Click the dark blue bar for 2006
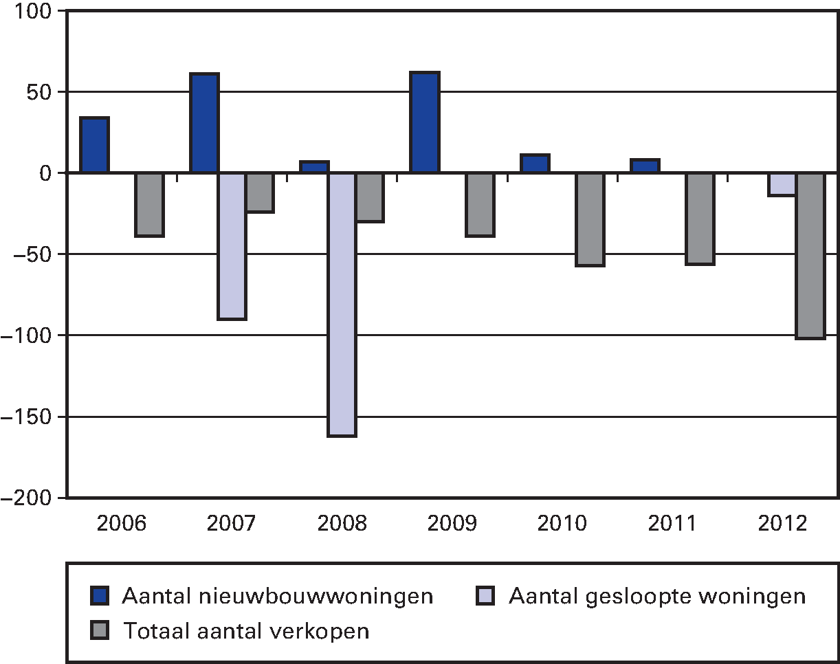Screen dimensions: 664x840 pos(94,145)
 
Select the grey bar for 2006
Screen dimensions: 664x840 pos(149,204)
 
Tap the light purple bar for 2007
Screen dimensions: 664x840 pos(232,245)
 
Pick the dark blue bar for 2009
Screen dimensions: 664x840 pos(424,122)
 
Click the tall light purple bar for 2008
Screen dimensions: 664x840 pos(342,304)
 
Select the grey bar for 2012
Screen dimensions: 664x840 pos(810,255)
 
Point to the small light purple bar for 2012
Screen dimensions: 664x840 pos(782,184)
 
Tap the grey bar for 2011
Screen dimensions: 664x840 pos(700,218)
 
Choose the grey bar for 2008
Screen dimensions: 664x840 pos(370,197)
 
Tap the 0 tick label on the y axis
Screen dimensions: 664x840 pos(46,173)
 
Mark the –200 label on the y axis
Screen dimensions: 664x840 pos(27,498)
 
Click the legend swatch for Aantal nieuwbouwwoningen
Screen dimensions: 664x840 pos(101,595)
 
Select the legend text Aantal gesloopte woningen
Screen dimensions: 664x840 pos(657,595)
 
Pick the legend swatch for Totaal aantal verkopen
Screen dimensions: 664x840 pos(101,630)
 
